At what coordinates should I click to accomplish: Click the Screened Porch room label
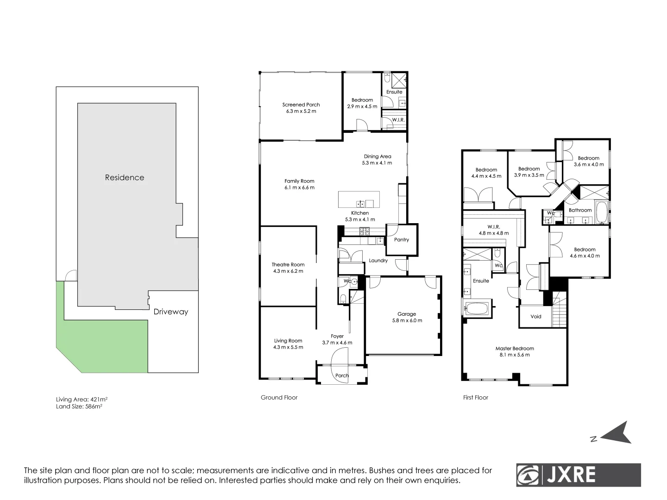tap(301, 105)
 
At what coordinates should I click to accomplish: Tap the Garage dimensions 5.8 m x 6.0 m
tap(407, 320)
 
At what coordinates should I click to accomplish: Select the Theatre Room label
tap(288, 265)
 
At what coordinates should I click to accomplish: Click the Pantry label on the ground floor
tap(402, 240)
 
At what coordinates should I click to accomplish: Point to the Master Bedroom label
tap(515, 349)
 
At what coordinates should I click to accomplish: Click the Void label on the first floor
tap(536, 317)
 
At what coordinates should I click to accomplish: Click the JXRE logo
tap(579, 475)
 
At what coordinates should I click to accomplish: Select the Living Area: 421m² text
tap(82, 400)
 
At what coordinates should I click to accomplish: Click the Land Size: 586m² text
tap(79, 406)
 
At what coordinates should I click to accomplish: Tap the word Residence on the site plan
tap(124, 177)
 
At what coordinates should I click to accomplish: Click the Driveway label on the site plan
tap(171, 312)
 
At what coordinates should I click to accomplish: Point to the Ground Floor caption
tap(279, 397)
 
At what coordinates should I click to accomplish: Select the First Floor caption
tap(476, 397)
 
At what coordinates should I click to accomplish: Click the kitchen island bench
tap(359, 200)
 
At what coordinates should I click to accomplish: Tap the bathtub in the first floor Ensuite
tap(476, 309)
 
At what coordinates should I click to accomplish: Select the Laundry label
tap(378, 261)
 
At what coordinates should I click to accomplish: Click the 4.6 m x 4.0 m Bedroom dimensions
tap(585, 256)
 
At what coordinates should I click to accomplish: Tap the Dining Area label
tap(378, 156)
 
